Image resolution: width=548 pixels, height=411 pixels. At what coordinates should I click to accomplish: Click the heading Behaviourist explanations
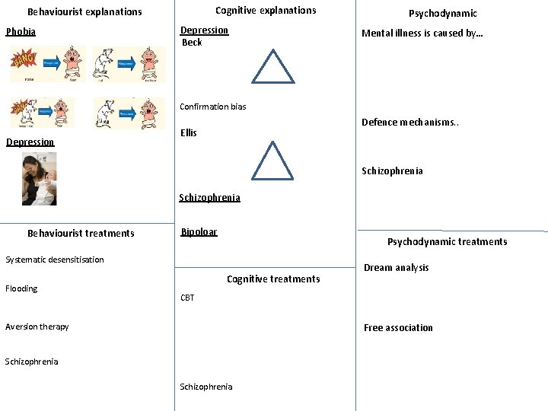84,12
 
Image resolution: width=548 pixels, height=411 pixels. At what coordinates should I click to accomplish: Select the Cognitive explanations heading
266,11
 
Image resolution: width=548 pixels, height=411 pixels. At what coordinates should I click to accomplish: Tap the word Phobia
21,32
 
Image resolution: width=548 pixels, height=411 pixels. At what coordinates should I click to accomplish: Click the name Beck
192,43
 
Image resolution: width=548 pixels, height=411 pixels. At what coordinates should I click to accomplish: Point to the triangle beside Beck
272,68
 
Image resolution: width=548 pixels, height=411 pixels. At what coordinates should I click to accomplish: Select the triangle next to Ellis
272,161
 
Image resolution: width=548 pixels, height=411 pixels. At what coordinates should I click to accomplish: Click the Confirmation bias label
213,107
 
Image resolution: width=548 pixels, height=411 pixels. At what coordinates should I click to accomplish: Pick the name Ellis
189,133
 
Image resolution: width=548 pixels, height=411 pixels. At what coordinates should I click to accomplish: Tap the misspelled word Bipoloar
199,232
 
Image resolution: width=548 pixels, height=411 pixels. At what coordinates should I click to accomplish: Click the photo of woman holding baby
39,179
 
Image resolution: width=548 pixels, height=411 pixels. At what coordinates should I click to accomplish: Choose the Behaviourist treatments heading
81,234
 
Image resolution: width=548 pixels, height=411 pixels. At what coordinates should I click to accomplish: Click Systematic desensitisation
55,260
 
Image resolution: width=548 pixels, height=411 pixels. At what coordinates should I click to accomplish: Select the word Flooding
21,288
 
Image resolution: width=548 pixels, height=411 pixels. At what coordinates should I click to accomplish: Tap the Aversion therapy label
37,327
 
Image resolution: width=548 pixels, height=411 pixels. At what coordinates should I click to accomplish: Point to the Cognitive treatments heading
273,279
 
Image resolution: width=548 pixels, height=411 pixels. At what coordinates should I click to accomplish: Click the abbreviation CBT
187,298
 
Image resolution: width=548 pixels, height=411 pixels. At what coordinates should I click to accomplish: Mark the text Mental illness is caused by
422,33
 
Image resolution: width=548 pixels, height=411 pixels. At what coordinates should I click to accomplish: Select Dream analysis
396,268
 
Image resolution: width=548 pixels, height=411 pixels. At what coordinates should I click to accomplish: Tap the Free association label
398,328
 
